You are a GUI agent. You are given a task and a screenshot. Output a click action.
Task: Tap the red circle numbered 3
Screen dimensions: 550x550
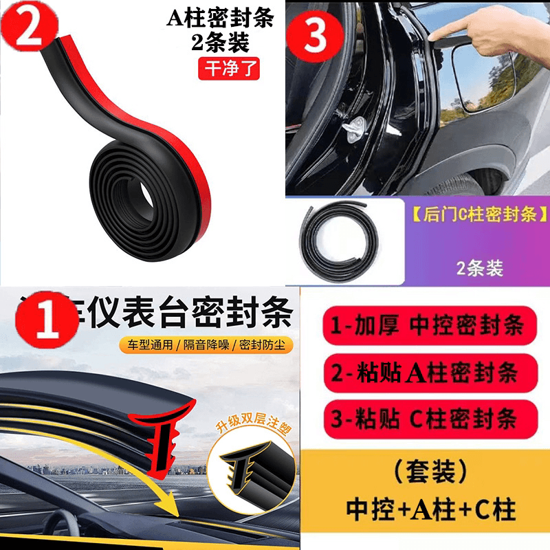coord(316,35)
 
